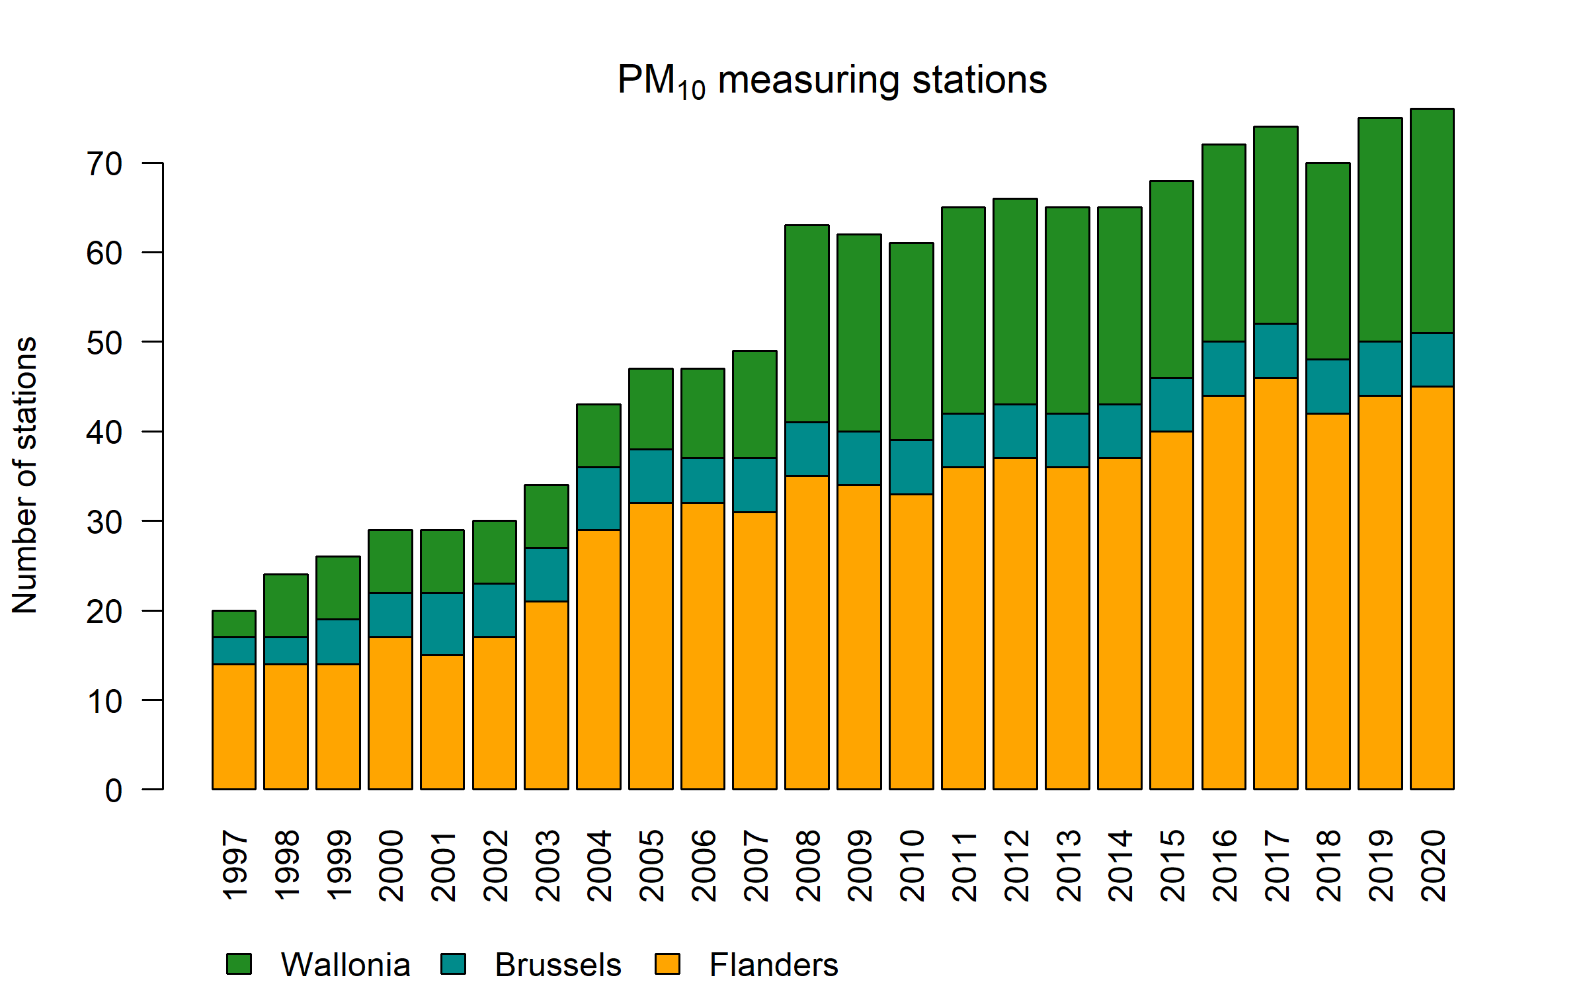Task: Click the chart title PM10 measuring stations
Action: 832,81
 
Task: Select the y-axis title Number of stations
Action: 25,475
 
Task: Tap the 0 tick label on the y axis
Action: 114,791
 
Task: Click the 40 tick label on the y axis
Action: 104,433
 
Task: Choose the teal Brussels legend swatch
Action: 453,964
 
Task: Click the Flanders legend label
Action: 773,965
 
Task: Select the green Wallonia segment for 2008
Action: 807,324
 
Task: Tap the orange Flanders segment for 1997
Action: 234,726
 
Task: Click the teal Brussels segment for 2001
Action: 442,624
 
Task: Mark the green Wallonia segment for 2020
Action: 1432,221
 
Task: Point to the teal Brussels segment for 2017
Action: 1276,351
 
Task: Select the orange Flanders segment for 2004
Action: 598,659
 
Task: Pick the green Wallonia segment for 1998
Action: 286,606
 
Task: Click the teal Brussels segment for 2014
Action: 1119,431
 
